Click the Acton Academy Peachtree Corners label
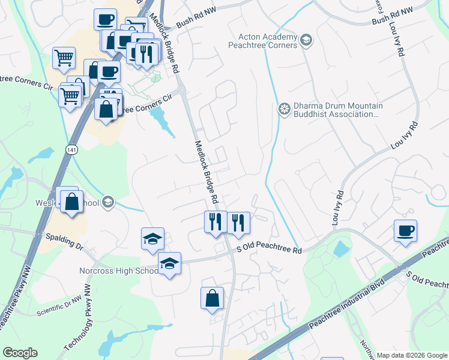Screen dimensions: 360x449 (x=263, y=41)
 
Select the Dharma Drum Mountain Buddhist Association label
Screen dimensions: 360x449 (x=338, y=109)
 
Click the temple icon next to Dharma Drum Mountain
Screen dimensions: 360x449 (x=284, y=109)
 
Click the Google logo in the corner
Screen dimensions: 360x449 (x=20, y=353)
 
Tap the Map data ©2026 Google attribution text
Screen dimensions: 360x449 (x=411, y=355)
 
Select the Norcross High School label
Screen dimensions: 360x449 (x=118, y=271)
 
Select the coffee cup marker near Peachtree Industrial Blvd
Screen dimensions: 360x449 (x=405, y=231)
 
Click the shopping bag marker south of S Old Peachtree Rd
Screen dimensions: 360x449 (x=212, y=298)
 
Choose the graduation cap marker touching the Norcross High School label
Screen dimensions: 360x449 (x=169, y=263)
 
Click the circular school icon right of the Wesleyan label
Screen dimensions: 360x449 (x=108, y=202)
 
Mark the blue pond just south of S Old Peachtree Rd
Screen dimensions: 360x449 (x=342, y=249)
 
